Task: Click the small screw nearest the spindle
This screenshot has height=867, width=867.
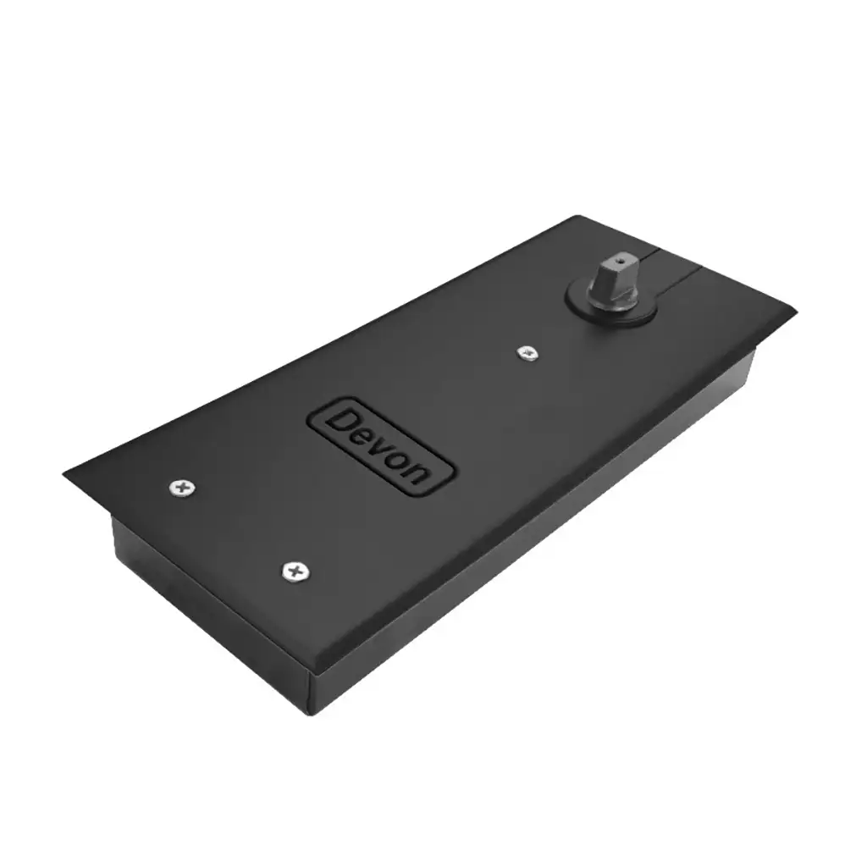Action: pos(528,353)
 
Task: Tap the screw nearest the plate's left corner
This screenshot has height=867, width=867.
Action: pos(183,488)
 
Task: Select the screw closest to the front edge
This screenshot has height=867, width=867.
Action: pos(295,572)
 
